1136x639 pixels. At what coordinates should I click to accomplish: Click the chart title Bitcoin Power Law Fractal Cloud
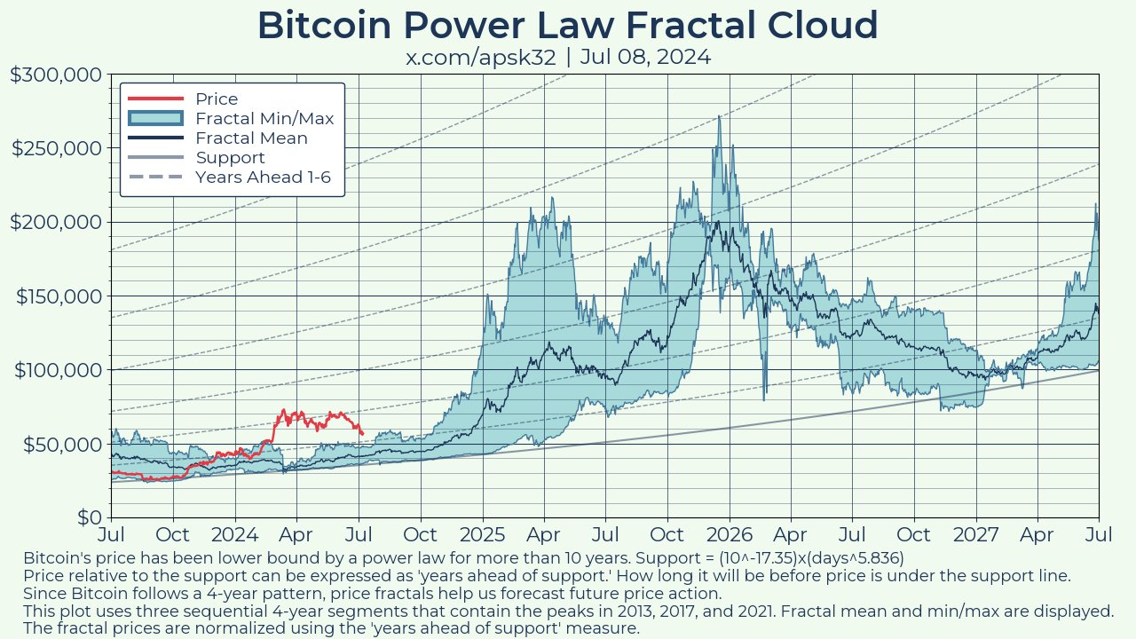pyautogui.click(x=568, y=26)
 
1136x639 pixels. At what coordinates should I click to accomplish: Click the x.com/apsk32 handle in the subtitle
pyautogui.click(x=481, y=58)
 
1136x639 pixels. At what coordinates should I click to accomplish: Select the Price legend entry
pyautogui.click(x=217, y=99)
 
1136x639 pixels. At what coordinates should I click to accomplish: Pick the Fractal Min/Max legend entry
pyautogui.click(x=264, y=118)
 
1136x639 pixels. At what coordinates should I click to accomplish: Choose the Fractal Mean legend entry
pyautogui.click(x=251, y=138)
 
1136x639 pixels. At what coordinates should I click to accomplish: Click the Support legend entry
pyautogui.click(x=230, y=158)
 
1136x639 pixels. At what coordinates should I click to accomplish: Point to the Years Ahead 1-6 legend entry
pyautogui.click(x=263, y=177)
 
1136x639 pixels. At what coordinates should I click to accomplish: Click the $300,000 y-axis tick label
pyautogui.click(x=55, y=75)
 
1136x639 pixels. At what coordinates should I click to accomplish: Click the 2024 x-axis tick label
pyautogui.click(x=234, y=535)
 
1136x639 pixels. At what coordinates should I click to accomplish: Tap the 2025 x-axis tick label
pyautogui.click(x=483, y=535)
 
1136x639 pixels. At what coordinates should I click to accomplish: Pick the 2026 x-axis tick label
pyautogui.click(x=730, y=535)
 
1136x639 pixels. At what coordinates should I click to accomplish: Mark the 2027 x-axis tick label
pyautogui.click(x=976, y=535)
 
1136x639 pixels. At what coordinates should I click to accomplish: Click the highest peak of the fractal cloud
pyautogui.click(x=719, y=117)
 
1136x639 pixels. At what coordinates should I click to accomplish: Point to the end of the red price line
pyautogui.click(x=362, y=433)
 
